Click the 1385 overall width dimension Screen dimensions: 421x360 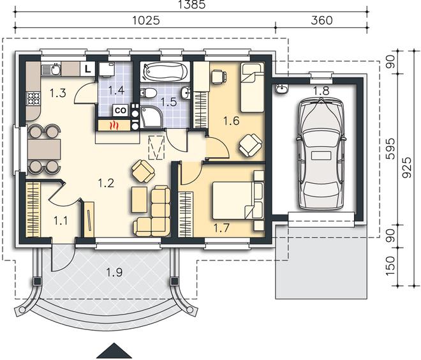[192, 4]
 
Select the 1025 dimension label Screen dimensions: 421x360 [146, 20]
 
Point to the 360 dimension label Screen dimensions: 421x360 [321, 20]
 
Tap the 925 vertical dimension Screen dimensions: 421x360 [407, 167]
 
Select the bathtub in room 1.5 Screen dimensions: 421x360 [165, 71]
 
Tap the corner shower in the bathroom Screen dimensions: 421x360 [152, 117]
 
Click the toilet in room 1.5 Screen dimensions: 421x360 [149, 93]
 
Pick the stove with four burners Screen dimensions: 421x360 [33, 98]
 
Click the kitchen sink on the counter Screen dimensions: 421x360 [52, 69]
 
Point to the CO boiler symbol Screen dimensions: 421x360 [121, 110]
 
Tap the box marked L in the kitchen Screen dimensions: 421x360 [87, 69]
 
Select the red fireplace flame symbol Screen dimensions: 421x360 [115, 125]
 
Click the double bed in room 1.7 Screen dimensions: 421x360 [233, 200]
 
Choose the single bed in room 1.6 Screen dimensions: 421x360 [252, 87]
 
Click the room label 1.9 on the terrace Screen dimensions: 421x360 [114, 273]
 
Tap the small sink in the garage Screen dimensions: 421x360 [281, 89]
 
